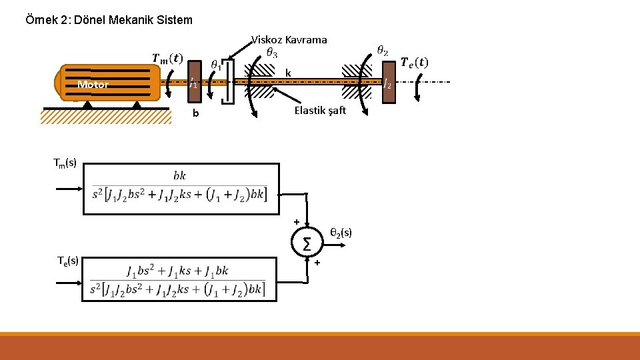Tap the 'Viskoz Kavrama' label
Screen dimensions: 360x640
coord(289,40)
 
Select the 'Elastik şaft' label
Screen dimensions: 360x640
coord(320,111)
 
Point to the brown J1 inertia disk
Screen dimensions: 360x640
coord(193,83)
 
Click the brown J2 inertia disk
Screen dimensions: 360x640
coord(388,83)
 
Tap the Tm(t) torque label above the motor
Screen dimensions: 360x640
coord(167,59)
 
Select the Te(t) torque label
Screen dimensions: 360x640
coord(414,63)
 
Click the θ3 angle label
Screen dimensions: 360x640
coord(272,52)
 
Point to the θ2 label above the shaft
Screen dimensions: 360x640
coord(383,50)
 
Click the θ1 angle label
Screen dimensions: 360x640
coord(216,64)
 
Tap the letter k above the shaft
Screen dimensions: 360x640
coord(287,72)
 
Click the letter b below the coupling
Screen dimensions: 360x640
coord(195,113)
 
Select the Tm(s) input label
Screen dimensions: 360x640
coord(65,162)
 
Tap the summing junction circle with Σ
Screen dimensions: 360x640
coord(307,245)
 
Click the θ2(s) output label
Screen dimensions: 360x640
coord(341,233)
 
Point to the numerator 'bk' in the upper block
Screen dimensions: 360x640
coord(179,176)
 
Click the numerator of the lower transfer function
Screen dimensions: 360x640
coord(177,271)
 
